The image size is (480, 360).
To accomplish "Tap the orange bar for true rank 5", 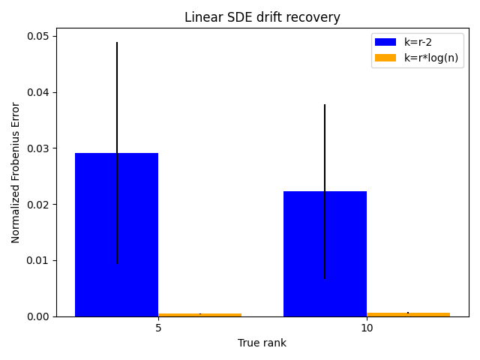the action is pyautogui.click(x=200, y=315).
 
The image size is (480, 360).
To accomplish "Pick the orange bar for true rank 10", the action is pyautogui.click(x=408, y=315).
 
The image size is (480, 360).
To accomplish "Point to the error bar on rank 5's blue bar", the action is pyautogui.click(x=117, y=153).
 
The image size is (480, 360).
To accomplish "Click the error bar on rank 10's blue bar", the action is pyautogui.click(x=325, y=192).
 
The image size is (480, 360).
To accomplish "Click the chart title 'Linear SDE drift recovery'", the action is pyautogui.click(x=262, y=17).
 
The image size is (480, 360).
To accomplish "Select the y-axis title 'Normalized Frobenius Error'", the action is pyautogui.click(x=15, y=173).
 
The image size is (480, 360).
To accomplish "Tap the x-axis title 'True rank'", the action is pyautogui.click(x=262, y=343).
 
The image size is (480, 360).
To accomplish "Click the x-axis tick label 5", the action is pyautogui.click(x=158, y=328).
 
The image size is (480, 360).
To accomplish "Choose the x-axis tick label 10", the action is pyautogui.click(x=367, y=328).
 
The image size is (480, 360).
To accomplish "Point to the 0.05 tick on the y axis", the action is pyautogui.click(x=37, y=37).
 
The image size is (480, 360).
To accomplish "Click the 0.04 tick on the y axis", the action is pyautogui.click(x=37, y=92).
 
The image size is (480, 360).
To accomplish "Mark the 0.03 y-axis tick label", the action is pyautogui.click(x=37, y=148).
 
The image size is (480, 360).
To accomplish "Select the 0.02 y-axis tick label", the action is pyautogui.click(x=37, y=205).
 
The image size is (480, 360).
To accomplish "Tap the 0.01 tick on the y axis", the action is pyautogui.click(x=37, y=260).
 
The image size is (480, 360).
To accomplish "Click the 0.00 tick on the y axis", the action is pyautogui.click(x=37, y=316).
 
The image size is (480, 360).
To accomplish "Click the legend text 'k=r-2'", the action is pyautogui.click(x=418, y=42).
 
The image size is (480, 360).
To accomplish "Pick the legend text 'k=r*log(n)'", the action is pyautogui.click(x=431, y=58).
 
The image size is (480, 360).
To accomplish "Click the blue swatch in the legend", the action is pyautogui.click(x=385, y=42).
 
